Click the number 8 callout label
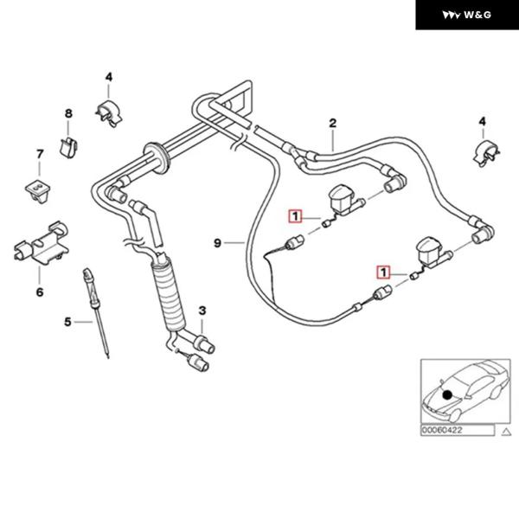point(68,114)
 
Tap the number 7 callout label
point(39,154)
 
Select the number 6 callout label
point(39,292)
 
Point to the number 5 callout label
point(67,322)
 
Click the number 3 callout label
point(202,310)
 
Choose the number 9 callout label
point(217,244)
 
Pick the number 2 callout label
point(331,124)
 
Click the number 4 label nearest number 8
point(109,77)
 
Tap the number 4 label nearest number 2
point(482,120)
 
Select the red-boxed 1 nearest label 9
point(295,216)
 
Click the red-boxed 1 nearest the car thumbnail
point(381,272)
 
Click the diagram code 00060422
point(442,429)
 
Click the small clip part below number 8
point(66,143)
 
